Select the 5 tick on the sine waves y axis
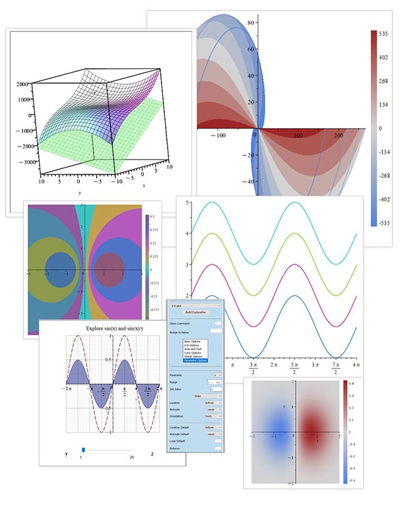pos(187,202)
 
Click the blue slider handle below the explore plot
pos(83,449)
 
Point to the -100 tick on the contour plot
pos(218,136)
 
